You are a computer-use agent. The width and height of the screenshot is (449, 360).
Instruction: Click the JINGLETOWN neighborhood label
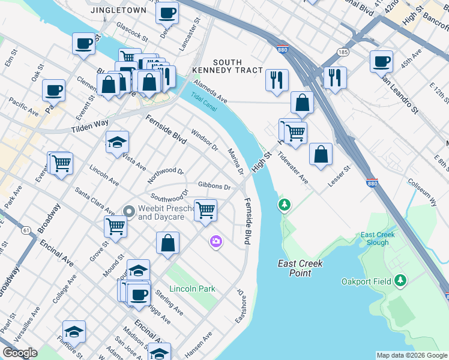point(118,11)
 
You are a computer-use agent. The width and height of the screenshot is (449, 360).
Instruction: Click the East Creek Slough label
point(378,239)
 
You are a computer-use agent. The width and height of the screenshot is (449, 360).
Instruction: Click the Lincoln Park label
point(192,289)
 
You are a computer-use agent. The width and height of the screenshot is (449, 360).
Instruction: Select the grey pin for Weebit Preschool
point(128,211)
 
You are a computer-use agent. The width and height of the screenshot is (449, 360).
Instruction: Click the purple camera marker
point(215,241)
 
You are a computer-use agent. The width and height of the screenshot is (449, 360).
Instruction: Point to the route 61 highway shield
point(26,230)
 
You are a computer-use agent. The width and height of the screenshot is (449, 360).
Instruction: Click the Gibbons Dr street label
point(215,187)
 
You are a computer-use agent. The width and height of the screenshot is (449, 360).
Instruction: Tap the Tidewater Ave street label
point(292,172)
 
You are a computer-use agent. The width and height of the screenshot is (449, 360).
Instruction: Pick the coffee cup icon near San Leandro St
point(381,61)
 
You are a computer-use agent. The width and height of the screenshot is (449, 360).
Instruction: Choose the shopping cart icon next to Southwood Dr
point(205,210)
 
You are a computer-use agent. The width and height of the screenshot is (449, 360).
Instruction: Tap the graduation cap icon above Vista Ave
point(117,142)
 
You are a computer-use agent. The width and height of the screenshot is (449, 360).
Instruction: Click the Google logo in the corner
point(20,353)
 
